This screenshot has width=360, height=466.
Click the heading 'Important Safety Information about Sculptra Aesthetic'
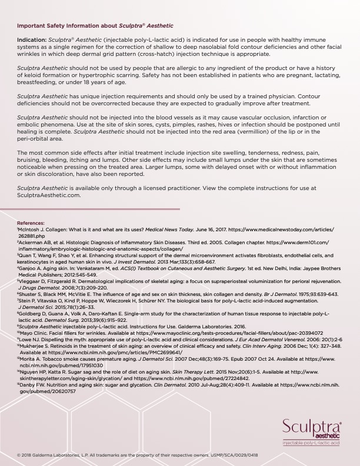tap(95, 26)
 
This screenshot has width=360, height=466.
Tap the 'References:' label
tap(31, 224)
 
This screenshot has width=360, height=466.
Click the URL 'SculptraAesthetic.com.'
tap(49, 195)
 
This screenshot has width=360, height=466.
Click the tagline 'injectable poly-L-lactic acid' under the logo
tap(311, 442)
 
